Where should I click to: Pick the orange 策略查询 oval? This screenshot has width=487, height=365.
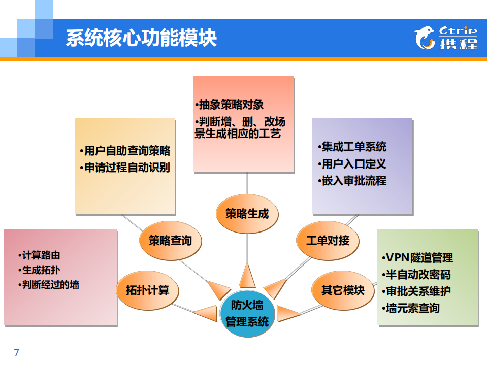[x=170, y=240]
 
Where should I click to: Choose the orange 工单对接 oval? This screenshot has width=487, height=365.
[x=328, y=240]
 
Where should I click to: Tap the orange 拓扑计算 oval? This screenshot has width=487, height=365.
[x=147, y=290]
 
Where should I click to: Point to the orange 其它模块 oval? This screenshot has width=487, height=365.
[x=343, y=290]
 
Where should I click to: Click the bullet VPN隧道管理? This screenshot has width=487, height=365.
[x=417, y=258]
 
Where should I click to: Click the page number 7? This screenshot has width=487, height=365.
[x=16, y=353]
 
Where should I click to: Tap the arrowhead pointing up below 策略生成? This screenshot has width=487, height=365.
[x=247, y=276]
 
